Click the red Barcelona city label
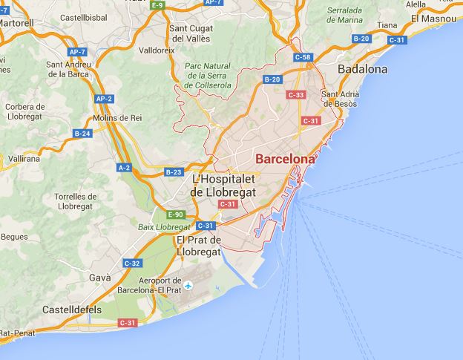(x=284, y=159)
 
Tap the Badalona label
(x=362, y=69)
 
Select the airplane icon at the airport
(x=188, y=285)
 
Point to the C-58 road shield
(x=302, y=56)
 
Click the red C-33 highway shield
(x=296, y=94)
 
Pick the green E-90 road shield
(x=175, y=215)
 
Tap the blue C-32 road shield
(x=132, y=263)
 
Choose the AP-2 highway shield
(x=104, y=99)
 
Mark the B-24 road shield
(x=82, y=134)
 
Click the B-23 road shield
(x=174, y=172)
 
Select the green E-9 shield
(x=157, y=5)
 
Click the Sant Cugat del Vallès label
(x=194, y=33)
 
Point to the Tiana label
(x=387, y=24)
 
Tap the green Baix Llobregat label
(x=164, y=226)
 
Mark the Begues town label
(x=14, y=237)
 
